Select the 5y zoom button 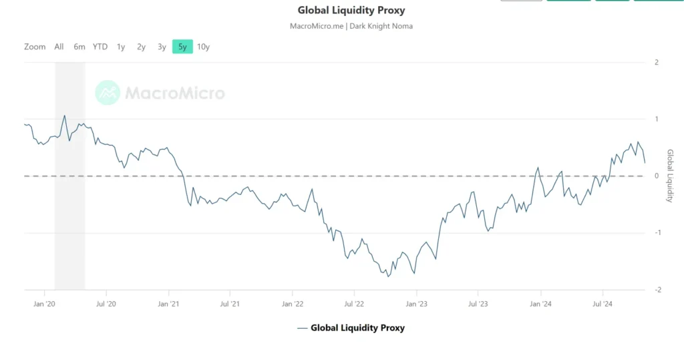click(182, 47)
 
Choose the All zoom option click(59, 47)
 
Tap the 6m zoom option click(79, 47)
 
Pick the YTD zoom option click(100, 47)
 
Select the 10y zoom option click(204, 47)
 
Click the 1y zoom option click(121, 47)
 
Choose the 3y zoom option click(162, 47)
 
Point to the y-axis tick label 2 click(657, 62)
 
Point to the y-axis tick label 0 click(657, 176)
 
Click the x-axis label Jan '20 click(44, 303)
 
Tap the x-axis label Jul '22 click(354, 303)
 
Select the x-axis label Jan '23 click(416, 303)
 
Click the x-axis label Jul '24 click(603, 303)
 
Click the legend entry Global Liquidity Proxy click(357, 328)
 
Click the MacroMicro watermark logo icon click(107, 94)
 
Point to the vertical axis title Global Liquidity click(670, 176)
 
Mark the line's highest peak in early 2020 click(65, 116)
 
